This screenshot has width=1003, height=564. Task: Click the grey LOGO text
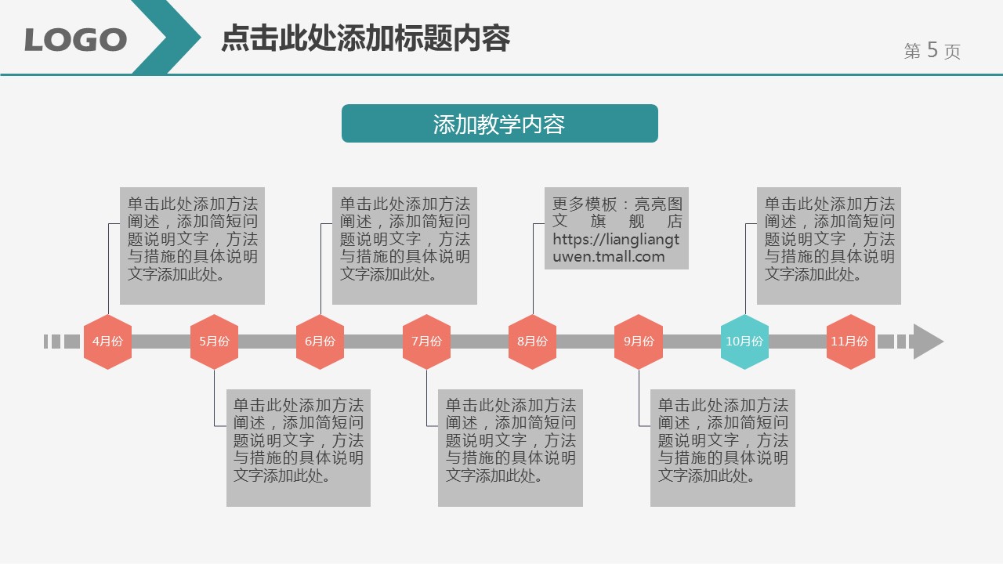[x=75, y=39]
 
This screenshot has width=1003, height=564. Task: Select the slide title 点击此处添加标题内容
[x=365, y=38]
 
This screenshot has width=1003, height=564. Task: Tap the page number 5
[x=932, y=50]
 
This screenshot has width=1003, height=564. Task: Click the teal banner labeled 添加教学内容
[x=499, y=124]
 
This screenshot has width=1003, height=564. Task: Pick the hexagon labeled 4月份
[x=107, y=342]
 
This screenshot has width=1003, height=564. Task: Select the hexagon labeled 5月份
[x=214, y=342]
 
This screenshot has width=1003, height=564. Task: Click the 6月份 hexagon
[x=320, y=342]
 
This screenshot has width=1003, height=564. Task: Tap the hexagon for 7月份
[x=426, y=342]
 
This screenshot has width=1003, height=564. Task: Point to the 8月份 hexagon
[x=532, y=342]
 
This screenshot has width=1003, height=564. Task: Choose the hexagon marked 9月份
[x=639, y=342]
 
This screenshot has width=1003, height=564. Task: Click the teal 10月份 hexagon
[x=744, y=342]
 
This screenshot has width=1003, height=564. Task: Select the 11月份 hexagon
[x=850, y=342]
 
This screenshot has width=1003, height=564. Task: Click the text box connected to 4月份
[x=192, y=245]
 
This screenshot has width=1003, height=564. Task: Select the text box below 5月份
[x=298, y=447]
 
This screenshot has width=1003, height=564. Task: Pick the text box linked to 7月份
[x=510, y=447]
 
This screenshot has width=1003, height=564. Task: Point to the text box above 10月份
[x=828, y=245]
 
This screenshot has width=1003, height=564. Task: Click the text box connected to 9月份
[x=722, y=447]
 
